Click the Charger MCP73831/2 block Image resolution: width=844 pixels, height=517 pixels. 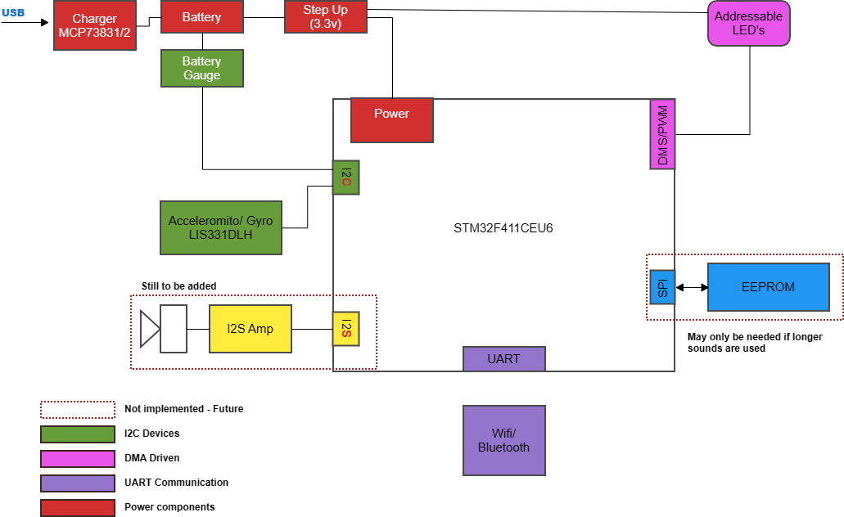tap(94, 25)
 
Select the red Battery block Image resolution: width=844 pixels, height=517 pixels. tap(201, 17)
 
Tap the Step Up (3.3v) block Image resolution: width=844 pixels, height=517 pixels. tap(326, 17)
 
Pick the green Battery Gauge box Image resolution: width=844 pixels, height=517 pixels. tap(201, 69)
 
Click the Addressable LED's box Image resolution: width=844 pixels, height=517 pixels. tap(748, 23)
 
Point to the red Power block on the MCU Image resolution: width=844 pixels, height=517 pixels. tap(391, 120)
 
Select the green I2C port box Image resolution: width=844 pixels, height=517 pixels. tap(345, 178)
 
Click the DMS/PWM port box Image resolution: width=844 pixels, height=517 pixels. tap(662, 135)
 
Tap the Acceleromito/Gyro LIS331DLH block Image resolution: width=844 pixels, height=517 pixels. tap(220, 227)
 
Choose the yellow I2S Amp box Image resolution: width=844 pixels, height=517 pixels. tap(250, 329)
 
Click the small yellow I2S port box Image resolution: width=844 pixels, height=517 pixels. tap(345, 329)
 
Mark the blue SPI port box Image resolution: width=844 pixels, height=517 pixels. tap(662, 287)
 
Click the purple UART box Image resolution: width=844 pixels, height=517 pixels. tap(503, 359)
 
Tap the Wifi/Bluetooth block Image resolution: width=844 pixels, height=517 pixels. tap(503, 440)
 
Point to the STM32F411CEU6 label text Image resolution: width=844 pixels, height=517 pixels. tap(503, 227)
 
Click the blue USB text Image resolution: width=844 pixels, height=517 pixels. tap(13, 12)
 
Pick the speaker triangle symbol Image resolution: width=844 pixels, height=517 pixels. tap(149, 329)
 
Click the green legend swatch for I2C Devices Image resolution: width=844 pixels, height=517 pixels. tap(78, 434)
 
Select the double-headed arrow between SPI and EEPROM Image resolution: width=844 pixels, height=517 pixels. tap(692, 287)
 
